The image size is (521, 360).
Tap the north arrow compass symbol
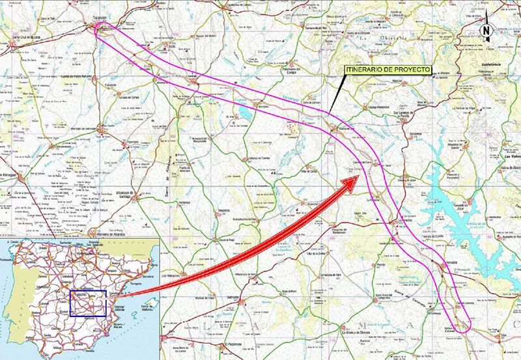coord(485,29)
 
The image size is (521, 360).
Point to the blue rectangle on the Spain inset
coord(87,303)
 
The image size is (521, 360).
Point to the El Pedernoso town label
coord(234,343)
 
